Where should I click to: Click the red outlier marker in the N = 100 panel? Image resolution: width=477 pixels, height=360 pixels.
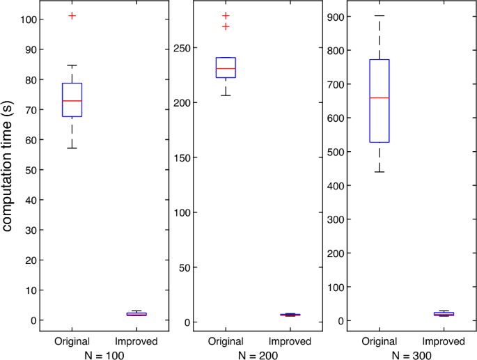(72, 15)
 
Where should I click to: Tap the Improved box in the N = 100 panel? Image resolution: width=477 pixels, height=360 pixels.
(136, 314)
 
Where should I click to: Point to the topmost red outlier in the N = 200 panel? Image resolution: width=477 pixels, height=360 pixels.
(226, 15)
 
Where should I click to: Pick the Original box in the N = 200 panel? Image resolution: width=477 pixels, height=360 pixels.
(226, 68)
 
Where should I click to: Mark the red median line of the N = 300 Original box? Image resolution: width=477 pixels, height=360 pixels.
(380, 98)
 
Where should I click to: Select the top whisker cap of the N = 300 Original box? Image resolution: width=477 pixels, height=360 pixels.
(380, 15)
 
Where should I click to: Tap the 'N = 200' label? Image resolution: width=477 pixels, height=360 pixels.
(257, 354)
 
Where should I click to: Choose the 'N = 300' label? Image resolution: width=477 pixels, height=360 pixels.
(411, 354)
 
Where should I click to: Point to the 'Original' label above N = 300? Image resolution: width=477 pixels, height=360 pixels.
(380, 341)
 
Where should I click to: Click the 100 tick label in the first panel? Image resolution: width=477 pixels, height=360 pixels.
(31, 19)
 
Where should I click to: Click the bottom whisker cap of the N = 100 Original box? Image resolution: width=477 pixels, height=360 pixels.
(72, 148)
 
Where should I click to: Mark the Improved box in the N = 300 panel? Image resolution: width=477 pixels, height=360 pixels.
(444, 314)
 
